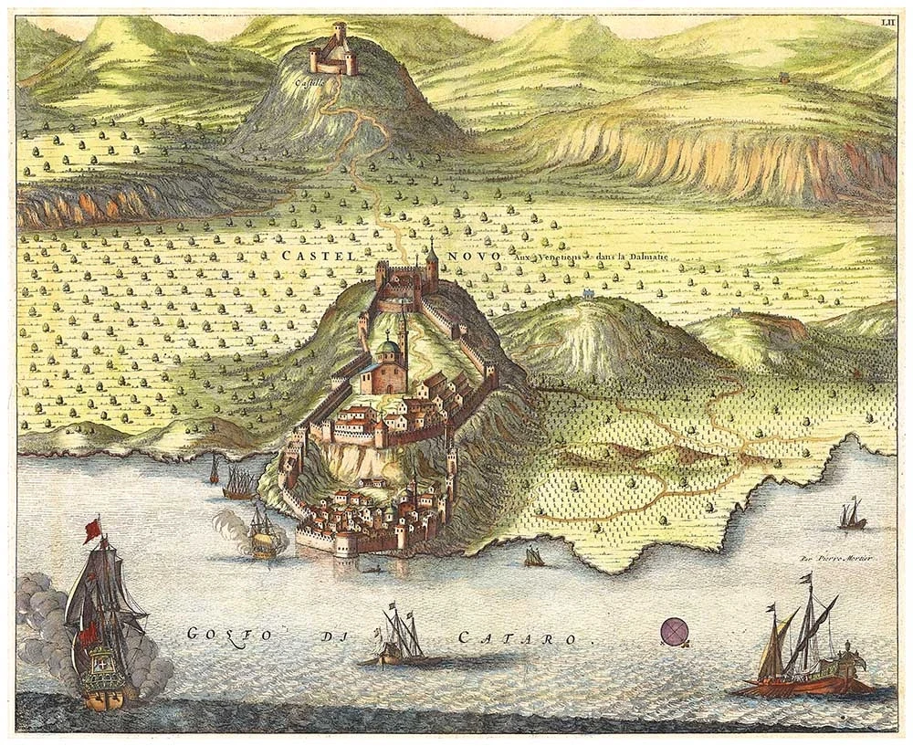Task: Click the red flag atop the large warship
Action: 92,530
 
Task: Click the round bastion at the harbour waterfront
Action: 345,545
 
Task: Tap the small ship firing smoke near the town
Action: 264,534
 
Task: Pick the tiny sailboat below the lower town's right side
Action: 534,556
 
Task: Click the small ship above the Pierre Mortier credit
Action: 852,516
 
